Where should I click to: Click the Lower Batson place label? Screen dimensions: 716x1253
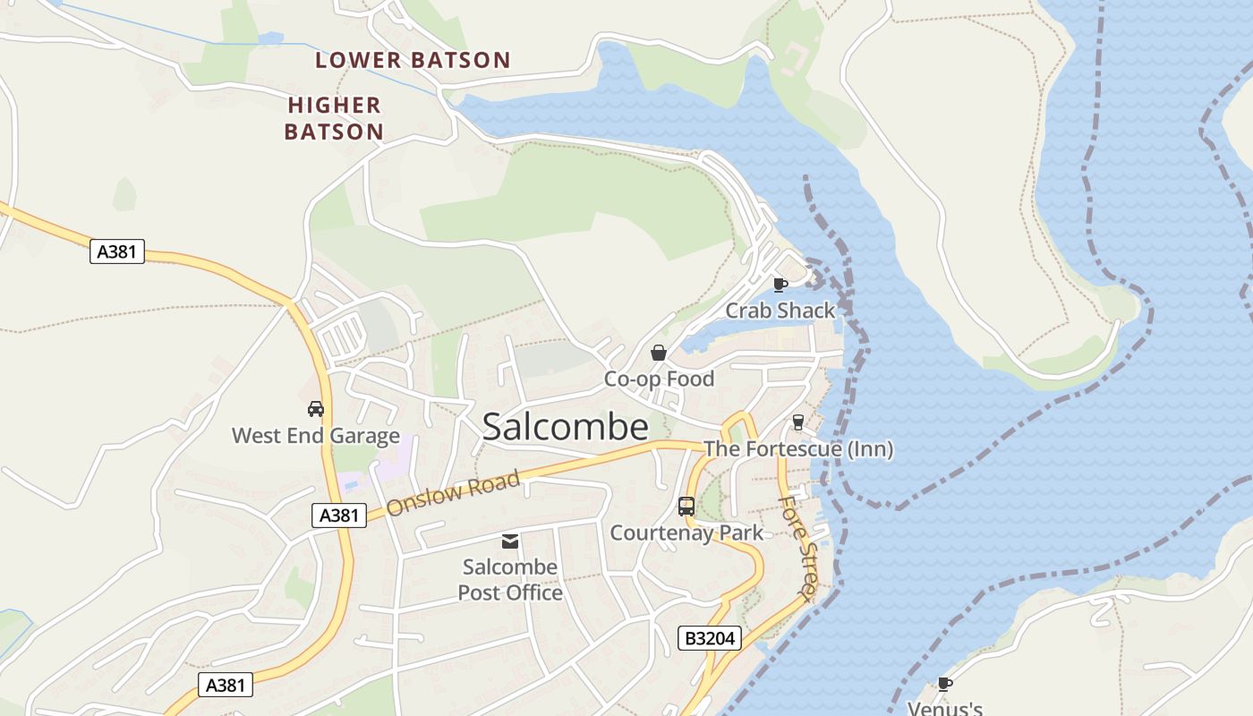[413, 61]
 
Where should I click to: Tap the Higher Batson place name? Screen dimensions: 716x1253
[334, 118]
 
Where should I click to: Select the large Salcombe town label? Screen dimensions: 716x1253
[565, 427]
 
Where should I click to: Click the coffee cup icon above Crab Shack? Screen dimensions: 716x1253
[780, 285]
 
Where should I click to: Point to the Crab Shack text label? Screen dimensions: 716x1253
[780, 311]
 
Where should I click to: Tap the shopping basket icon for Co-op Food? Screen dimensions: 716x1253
[659, 353]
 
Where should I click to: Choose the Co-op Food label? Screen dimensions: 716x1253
[659, 379]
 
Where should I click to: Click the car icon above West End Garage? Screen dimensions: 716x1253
[315, 409]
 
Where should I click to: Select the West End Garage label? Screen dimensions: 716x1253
[315, 436]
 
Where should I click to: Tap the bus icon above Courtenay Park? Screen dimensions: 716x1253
[686, 507]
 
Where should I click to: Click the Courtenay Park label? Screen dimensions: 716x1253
[686, 533]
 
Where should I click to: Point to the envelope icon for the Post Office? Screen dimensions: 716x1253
[510, 541]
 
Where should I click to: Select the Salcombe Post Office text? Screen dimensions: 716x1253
[510, 580]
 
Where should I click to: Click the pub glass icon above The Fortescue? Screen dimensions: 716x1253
[798, 422]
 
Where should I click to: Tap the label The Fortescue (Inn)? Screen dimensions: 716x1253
[798, 448]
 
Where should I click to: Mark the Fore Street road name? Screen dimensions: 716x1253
[797, 549]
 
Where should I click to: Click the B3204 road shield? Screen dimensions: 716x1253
[710, 638]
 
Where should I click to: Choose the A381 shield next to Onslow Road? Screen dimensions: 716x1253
[339, 515]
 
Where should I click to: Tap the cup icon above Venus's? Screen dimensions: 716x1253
[944, 685]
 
